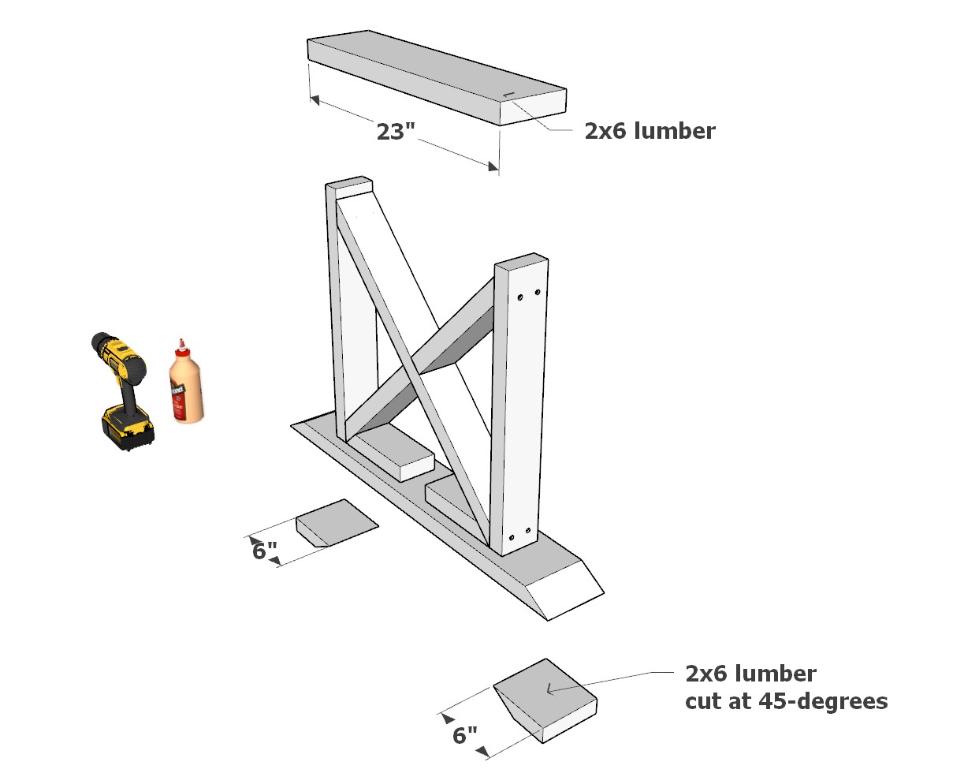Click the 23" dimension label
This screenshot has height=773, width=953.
tap(395, 131)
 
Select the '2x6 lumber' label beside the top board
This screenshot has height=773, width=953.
tap(650, 131)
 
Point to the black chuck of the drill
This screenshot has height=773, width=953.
tap(99, 345)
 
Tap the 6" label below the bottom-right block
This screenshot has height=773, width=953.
tap(465, 735)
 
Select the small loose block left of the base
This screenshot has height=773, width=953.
tap(337, 521)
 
